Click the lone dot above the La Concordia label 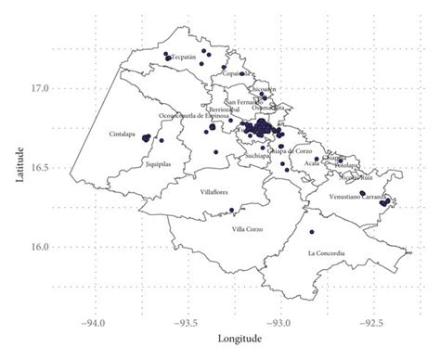tap(312, 231)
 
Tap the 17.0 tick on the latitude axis tap(39, 89)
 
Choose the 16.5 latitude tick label tap(39, 168)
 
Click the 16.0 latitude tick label tap(39, 247)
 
